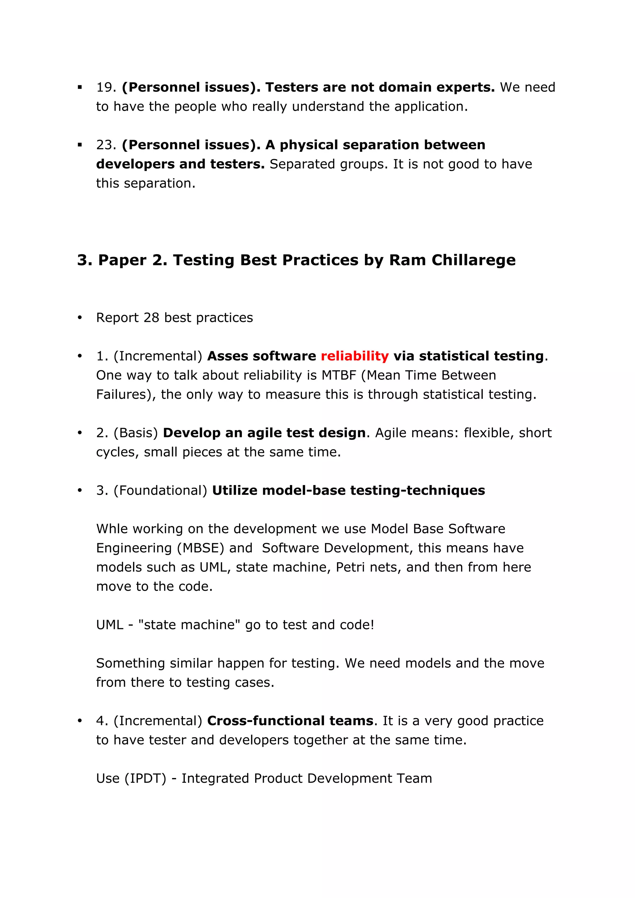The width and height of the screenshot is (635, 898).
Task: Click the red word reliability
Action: (354, 356)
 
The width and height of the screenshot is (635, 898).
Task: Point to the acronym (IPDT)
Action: (145, 778)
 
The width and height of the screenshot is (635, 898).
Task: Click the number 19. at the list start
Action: (106, 87)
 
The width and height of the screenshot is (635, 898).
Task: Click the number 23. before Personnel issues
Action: (106, 145)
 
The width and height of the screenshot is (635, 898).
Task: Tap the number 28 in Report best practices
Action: (151, 318)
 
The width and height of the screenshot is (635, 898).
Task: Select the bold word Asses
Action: (227, 356)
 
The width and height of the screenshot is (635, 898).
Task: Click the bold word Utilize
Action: (234, 490)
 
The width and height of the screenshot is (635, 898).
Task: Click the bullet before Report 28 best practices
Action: (80, 318)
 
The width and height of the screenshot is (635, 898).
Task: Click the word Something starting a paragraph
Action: (131, 663)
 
